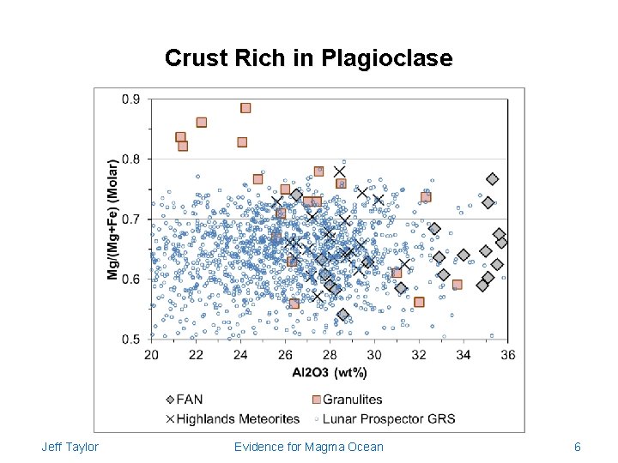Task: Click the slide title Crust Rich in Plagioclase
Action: (x=308, y=58)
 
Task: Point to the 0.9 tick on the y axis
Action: (x=132, y=99)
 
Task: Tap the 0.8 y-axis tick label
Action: (x=132, y=159)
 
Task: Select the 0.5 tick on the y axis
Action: (x=132, y=340)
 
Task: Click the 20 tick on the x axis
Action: (x=151, y=355)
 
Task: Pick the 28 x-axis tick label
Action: (x=330, y=355)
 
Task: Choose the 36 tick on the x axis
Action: (x=507, y=355)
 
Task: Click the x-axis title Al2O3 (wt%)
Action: (x=330, y=372)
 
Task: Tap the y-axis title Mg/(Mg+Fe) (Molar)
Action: (x=112, y=218)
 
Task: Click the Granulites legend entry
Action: (x=348, y=400)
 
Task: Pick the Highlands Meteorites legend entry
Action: (x=232, y=418)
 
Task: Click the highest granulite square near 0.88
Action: (x=245, y=108)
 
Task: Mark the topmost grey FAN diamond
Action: (x=492, y=179)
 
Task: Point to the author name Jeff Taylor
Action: (x=70, y=447)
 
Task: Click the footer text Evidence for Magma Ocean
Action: (x=309, y=447)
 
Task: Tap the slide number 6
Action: (x=578, y=447)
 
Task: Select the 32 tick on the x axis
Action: (x=418, y=355)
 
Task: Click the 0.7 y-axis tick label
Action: (x=132, y=219)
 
